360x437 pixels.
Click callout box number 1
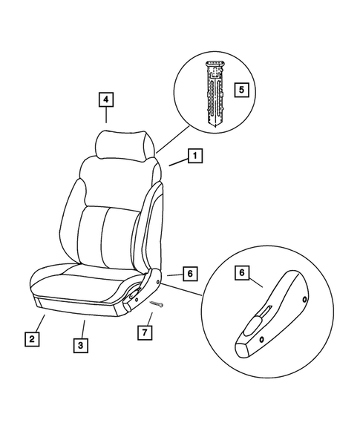(193, 157)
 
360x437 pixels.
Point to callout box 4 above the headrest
(106, 99)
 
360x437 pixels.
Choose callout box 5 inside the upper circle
(239, 90)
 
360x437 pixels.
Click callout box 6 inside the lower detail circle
(242, 273)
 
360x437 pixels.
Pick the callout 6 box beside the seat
(189, 274)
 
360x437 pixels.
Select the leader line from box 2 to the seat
(42, 323)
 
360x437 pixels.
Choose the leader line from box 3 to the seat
(83, 329)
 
